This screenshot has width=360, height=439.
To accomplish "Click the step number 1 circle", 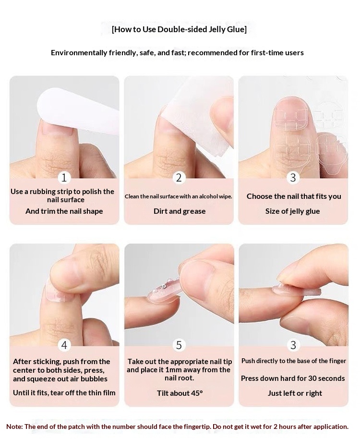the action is tap(64, 178).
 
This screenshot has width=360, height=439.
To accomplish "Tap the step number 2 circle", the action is tap(179, 178).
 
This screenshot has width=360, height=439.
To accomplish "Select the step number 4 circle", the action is tap(64, 345).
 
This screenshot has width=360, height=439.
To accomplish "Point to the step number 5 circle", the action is tap(179, 345).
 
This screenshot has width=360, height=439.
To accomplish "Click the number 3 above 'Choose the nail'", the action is tap(293, 178).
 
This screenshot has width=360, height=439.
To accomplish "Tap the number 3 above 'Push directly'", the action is tap(293, 345).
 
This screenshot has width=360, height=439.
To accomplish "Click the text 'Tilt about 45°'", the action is tap(180, 393).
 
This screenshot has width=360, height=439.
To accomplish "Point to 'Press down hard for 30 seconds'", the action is tap(293, 378).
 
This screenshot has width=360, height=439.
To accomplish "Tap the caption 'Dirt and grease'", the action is tap(180, 211).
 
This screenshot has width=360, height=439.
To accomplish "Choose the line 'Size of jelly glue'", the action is tap(293, 211).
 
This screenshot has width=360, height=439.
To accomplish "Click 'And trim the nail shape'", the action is tap(64, 211).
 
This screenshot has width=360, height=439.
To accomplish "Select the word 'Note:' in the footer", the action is tap(14, 427).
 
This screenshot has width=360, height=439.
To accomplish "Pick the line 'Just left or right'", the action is tap(295, 393).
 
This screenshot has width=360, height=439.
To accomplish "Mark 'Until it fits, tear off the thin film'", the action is tap(64, 393).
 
